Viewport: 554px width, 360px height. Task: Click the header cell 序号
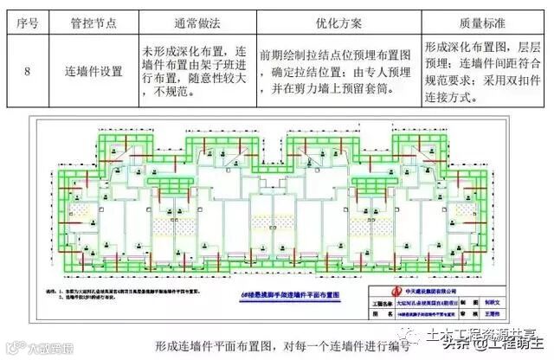pyautogui.click(x=28, y=17)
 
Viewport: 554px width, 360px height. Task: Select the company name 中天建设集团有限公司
pyautogui.click(x=433, y=292)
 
